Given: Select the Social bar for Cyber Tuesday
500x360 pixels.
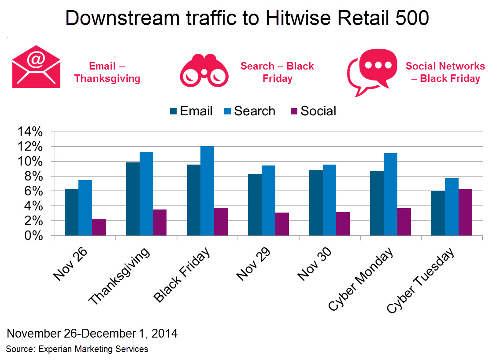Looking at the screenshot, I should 465,212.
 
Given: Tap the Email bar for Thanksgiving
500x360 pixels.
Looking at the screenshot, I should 133,199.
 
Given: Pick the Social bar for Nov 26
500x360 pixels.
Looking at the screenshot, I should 99,227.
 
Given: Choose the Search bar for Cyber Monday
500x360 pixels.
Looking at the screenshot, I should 390,194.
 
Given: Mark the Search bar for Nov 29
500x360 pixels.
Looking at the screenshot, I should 268,200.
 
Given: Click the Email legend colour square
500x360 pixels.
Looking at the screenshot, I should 173,111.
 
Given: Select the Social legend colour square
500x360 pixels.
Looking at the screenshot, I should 294,111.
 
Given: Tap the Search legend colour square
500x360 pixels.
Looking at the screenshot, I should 227,111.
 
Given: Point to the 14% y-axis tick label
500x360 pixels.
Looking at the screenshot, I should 30,132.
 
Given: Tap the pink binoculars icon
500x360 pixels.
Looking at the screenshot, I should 204,70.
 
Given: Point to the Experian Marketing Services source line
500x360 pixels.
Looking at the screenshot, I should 77,349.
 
